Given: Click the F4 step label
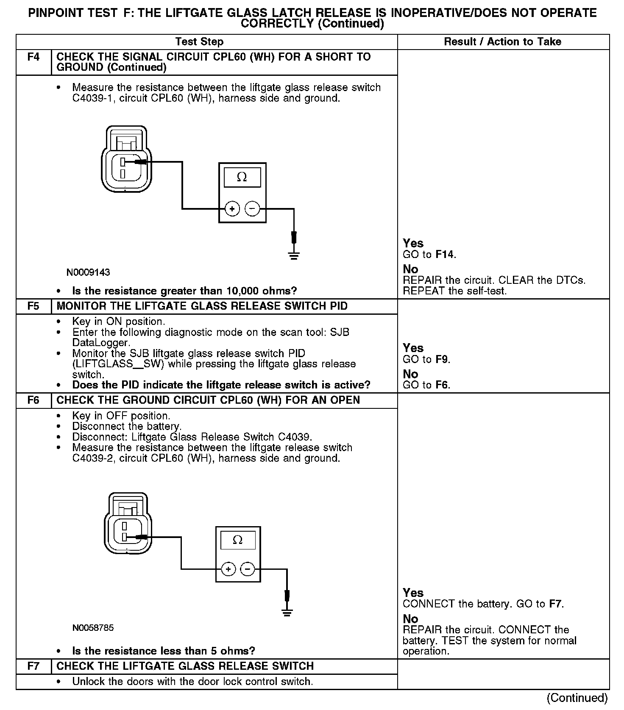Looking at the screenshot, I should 33,57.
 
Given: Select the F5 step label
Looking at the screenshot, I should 33,306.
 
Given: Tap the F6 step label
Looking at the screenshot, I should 33,400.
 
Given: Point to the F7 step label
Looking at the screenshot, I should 33,666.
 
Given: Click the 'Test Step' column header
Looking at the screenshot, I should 199,42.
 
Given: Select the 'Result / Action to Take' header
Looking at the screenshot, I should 502,42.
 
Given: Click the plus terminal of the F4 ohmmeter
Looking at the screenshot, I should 232,209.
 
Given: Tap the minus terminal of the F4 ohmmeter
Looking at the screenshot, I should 253,209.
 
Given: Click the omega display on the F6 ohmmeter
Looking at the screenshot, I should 238,540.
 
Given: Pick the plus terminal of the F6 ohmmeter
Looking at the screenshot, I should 228,569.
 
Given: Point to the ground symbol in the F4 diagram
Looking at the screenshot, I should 294,255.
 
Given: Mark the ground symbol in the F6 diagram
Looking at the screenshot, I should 287,612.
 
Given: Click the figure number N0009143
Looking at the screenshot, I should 88,272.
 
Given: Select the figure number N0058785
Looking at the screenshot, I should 93,628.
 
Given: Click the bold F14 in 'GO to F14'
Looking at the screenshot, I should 445,255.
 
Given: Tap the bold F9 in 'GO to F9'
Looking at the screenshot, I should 442,360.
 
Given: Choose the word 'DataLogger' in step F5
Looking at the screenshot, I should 100,343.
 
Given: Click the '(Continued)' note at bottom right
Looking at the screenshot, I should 577,698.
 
